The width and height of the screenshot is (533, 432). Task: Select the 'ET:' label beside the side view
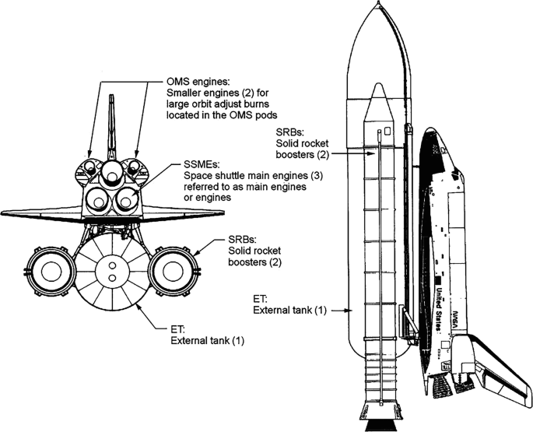click(x=261, y=299)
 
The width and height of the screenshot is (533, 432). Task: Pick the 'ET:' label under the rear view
click(x=177, y=329)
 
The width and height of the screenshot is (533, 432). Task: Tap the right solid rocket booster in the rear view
click(x=174, y=271)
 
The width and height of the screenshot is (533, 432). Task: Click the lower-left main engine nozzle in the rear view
click(x=98, y=201)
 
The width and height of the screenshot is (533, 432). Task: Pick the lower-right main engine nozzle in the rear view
click(x=126, y=201)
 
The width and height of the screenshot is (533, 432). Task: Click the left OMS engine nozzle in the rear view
click(x=89, y=167)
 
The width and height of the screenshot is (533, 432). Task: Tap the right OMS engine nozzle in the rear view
click(x=134, y=167)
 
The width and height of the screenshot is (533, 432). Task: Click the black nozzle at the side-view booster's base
click(x=380, y=426)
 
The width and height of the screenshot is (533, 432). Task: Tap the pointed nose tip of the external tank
click(x=379, y=2)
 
